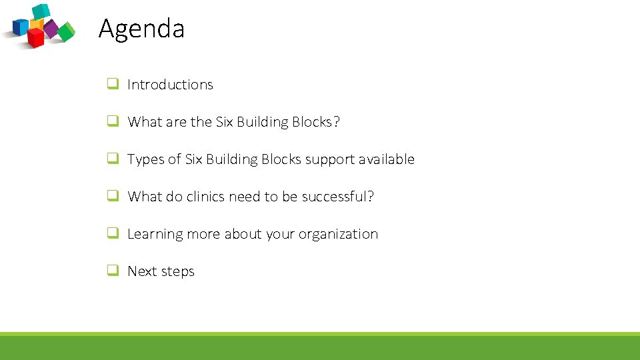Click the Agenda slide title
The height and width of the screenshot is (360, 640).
141,29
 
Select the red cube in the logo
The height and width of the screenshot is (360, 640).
35,37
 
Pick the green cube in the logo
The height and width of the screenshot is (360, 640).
67,31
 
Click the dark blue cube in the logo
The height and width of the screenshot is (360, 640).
21,27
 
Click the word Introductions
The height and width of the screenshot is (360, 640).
170,85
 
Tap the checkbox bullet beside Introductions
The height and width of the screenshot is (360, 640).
113,84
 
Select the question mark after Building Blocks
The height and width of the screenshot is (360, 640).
336,122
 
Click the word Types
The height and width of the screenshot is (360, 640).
145,159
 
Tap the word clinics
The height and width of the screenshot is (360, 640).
205,197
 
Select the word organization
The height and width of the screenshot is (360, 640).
338,235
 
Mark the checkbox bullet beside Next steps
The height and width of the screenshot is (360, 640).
113,271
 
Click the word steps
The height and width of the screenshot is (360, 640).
178,272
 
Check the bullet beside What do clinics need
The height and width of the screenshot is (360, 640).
113,196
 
